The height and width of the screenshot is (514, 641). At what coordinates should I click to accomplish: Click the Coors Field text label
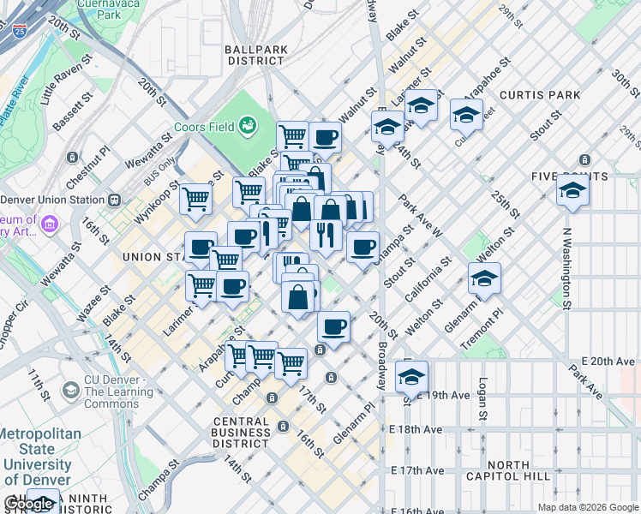(x=204, y=127)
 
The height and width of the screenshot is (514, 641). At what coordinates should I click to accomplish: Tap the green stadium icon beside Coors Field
(x=248, y=126)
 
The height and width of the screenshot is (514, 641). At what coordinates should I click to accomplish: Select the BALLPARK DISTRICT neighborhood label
(x=255, y=56)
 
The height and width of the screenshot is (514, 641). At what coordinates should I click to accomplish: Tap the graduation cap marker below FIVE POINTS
(x=572, y=194)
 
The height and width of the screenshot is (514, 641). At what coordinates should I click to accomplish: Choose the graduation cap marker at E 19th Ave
(x=412, y=378)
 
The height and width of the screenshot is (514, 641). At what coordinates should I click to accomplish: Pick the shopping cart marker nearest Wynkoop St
(x=196, y=200)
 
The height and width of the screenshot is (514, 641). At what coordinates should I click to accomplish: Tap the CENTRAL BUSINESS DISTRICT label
(x=254, y=433)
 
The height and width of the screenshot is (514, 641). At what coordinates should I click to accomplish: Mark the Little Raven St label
(x=65, y=76)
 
